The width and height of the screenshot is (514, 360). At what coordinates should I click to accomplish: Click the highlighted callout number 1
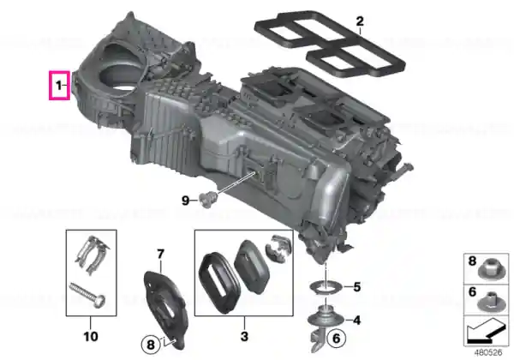58,86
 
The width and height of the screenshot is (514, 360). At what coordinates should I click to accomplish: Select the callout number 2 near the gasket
360,21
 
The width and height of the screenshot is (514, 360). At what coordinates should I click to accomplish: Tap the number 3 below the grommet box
244,336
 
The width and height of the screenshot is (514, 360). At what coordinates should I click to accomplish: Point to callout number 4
356,320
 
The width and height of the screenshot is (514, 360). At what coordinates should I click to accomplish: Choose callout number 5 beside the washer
357,287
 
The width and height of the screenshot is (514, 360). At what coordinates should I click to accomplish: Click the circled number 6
337,338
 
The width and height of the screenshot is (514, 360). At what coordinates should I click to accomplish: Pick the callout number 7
160,254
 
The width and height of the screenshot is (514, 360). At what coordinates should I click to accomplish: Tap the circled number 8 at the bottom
151,345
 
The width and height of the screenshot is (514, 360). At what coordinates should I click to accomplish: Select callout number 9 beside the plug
186,200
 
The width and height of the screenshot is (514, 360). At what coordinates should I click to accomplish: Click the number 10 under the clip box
91,336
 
